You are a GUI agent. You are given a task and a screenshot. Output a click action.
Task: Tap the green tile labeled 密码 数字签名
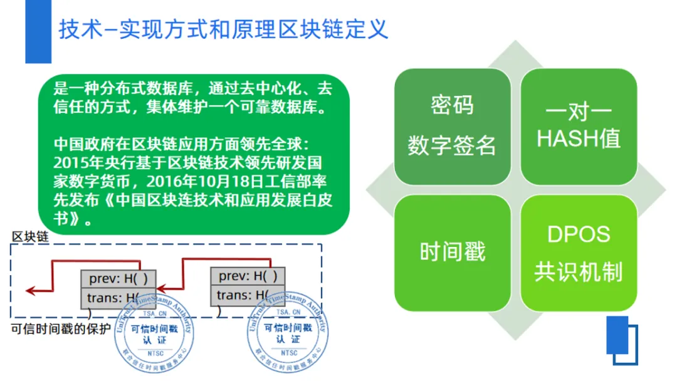point(452,126)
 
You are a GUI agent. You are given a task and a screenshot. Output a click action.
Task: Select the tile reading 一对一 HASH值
point(579,126)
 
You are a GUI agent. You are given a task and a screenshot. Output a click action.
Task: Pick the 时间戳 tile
point(452,251)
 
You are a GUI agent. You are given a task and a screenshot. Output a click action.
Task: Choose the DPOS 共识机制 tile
point(579,253)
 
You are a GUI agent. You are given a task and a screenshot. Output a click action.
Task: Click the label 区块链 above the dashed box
point(30,237)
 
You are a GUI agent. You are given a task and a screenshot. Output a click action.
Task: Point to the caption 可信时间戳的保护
point(61,329)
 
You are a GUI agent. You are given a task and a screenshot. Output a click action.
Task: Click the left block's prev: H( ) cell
point(118,278)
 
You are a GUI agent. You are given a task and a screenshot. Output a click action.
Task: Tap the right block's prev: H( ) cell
point(248,276)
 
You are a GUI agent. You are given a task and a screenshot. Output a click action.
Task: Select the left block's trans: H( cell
point(117,298)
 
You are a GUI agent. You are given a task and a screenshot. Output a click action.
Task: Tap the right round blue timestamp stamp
point(286,335)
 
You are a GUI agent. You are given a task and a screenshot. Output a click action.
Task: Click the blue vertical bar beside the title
point(38,31)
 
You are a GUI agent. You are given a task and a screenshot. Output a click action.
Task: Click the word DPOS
point(578,234)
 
